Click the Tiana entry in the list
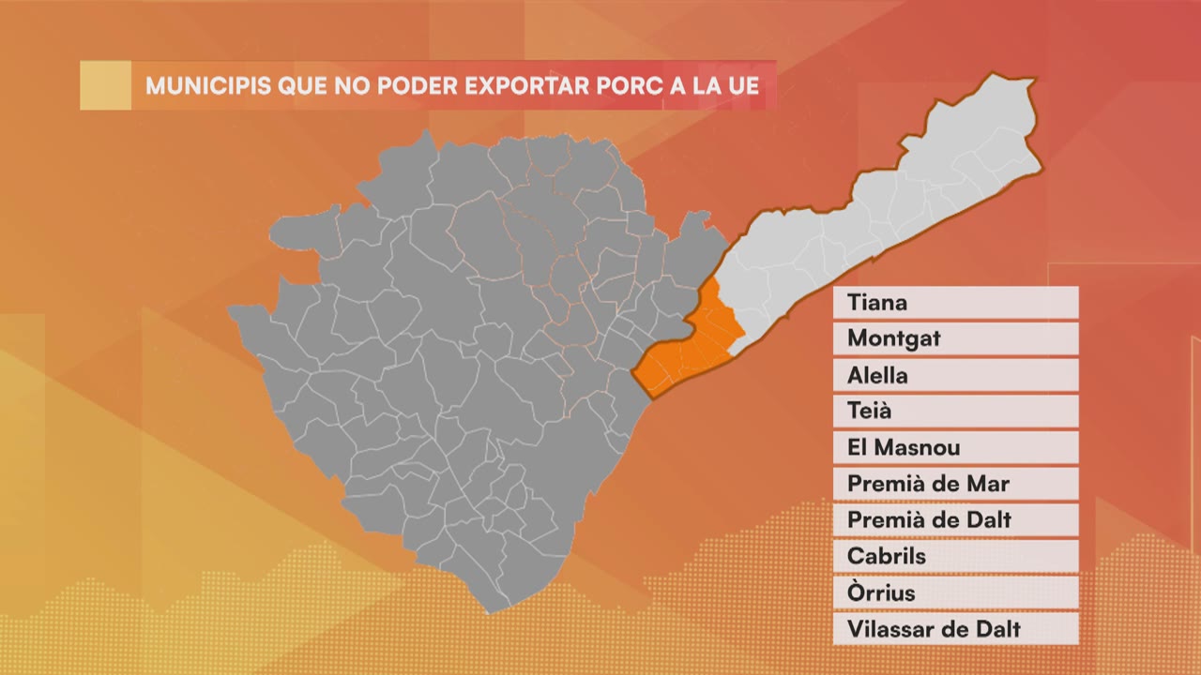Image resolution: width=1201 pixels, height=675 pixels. [x=955, y=303]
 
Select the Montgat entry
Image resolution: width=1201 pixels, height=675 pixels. [x=955, y=338]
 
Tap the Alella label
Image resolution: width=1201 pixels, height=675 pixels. [x=955, y=375]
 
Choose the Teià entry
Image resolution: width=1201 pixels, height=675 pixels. [x=955, y=411]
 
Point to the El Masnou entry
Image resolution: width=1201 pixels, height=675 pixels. [x=955, y=447]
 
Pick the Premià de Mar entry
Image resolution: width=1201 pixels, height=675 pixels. [x=955, y=484]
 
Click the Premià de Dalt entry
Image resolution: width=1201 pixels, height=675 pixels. [x=955, y=519]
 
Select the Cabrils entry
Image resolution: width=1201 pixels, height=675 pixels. [x=955, y=556]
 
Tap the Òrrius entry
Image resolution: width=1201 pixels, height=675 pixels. [x=955, y=592]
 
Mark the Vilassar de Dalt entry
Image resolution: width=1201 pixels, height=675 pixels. [x=955, y=628]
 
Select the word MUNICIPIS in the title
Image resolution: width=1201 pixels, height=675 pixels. [x=208, y=86]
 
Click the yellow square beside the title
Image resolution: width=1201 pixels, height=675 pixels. [x=105, y=85]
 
